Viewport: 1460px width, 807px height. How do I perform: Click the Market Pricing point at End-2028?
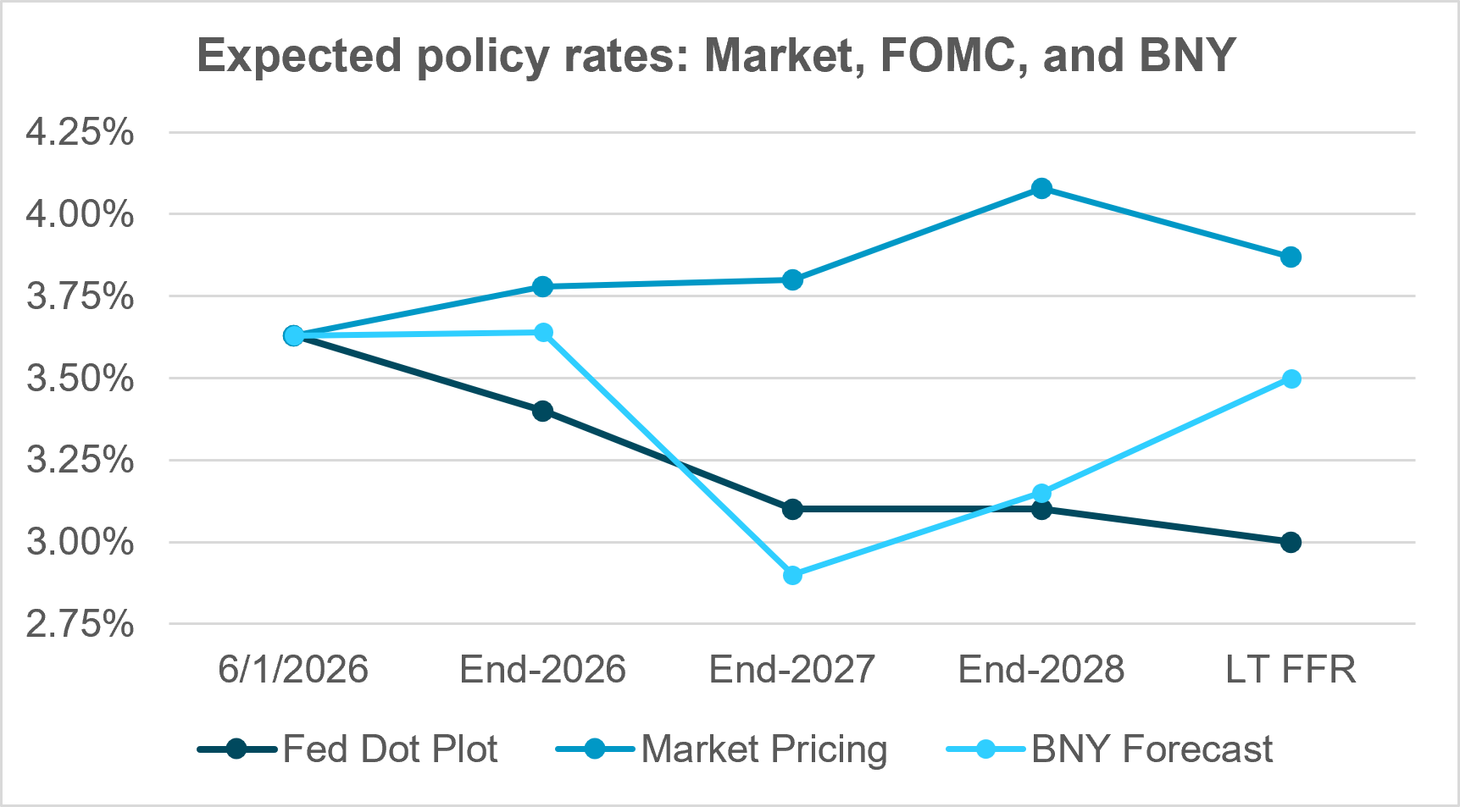[1041, 188]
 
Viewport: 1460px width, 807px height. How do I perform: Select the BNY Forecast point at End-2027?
[792, 575]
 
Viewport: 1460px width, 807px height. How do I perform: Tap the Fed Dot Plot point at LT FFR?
[1291, 542]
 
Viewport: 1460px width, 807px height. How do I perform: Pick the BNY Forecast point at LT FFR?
[1291, 379]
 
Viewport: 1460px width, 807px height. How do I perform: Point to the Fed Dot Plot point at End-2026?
[542, 412]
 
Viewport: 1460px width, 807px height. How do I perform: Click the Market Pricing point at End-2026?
[542, 286]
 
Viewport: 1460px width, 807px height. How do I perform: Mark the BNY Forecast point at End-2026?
[542, 332]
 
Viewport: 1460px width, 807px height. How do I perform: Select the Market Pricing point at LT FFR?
[1291, 257]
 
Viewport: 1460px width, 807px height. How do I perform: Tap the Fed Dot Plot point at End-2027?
[792, 509]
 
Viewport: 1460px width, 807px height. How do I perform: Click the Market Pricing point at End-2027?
[792, 279]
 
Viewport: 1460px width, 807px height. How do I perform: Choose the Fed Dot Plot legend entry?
[347, 749]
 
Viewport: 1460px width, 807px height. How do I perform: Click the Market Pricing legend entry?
[721, 749]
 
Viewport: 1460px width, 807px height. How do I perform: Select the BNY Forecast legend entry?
[1109, 749]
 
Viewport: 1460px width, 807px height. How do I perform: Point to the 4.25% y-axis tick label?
[80, 132]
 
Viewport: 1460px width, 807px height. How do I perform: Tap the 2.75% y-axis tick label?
[80, 624]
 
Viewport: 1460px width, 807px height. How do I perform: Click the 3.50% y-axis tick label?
[80, 379]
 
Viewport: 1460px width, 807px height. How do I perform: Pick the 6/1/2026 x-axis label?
[293, 669]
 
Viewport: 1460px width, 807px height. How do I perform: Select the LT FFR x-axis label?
[1291, 669]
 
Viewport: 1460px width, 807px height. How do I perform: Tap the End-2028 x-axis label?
[1041, 669]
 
